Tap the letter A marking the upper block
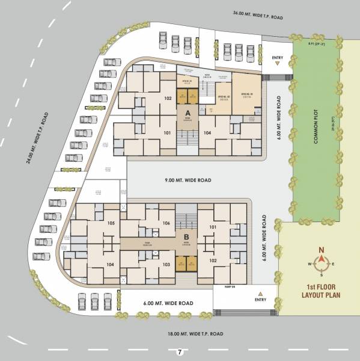point(188,113)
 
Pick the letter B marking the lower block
point(186,236)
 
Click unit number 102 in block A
point(168,97)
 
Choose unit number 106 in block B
point(166,223)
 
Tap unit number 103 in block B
point(166,265)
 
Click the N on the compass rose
point(322,250)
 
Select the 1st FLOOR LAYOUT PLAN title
point(322,291)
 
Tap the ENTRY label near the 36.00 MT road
point(277,58)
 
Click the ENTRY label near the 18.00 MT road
point(260,300)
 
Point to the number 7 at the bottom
point(178,351)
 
